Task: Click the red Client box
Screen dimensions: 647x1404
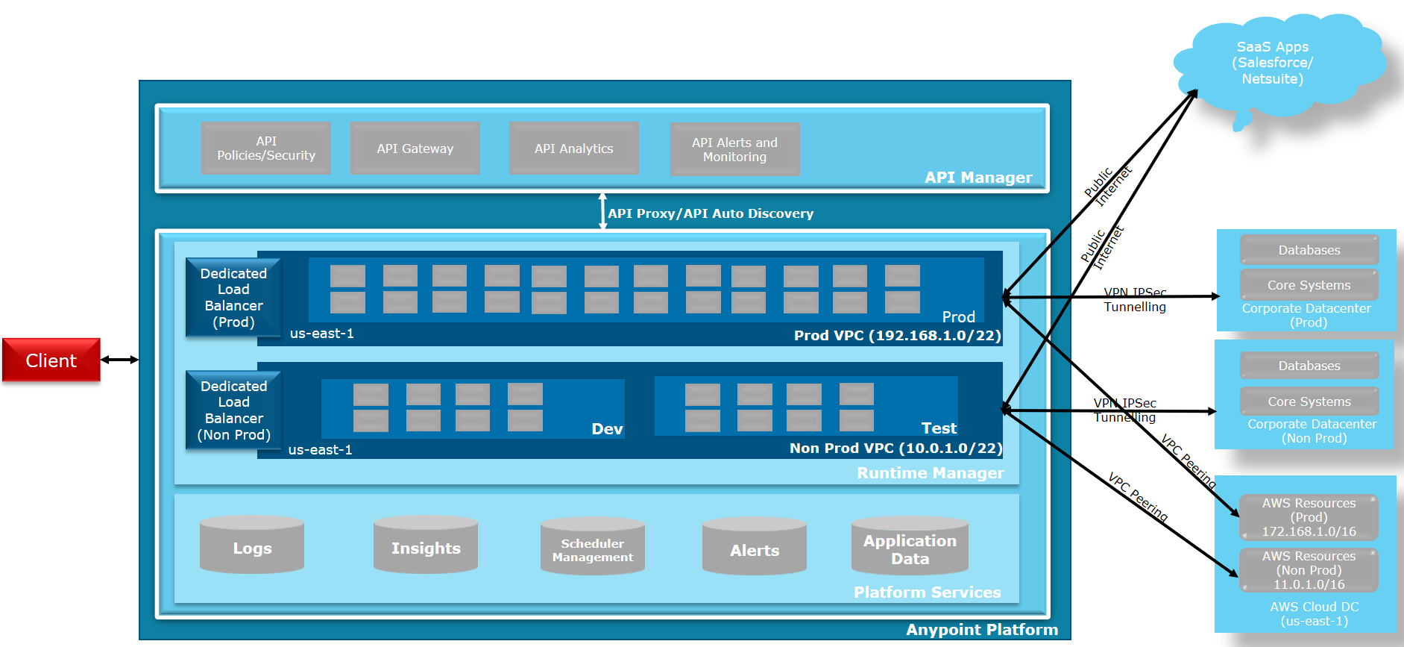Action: (51, 360)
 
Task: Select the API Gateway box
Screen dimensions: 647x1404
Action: (415, 149)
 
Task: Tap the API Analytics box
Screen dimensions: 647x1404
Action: (573, 149)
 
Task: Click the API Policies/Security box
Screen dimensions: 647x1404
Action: (265, 149)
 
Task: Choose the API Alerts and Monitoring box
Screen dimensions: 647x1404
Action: (734, 149)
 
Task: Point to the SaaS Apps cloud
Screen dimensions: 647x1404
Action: (1273, 64)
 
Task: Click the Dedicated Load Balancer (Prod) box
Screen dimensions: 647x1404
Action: (233, 298)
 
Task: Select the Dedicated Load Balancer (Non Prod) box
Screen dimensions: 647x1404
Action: (233, 410)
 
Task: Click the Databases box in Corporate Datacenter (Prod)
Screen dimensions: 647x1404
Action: (1309, 250)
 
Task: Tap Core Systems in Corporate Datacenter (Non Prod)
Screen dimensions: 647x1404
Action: (1309, 401)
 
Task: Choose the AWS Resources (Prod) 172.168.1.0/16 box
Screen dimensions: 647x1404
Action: (1309, 517)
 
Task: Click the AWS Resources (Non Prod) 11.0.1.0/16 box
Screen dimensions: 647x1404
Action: (1309, 570)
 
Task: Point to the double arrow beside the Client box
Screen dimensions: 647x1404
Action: (119, 360)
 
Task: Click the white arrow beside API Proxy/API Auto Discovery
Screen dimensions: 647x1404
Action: (602, 211)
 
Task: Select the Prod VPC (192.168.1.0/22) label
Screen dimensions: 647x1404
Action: (897, 335)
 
